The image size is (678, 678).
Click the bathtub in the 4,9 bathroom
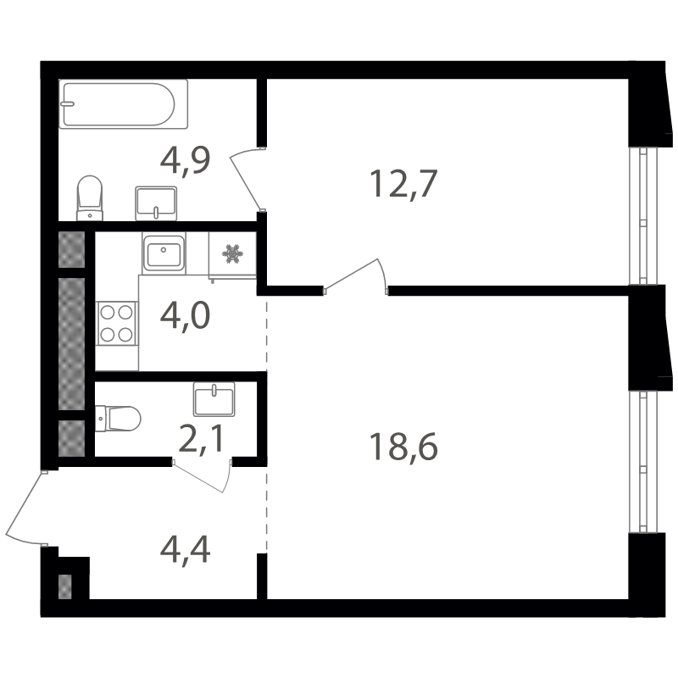point(123,103)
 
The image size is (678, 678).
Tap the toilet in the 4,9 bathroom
point(90,198)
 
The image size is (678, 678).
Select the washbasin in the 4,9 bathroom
point(156,203)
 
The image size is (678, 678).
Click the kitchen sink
point(164,253)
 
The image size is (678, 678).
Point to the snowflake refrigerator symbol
point(232,253)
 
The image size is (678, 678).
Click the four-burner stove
point(117,324)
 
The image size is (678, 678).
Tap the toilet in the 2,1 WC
point(118,419)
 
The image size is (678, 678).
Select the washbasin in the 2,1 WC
point(214,399)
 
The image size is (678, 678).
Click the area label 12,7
point(404,183)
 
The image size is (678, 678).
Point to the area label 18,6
point(403,447)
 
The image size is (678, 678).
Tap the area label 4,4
point(185,549)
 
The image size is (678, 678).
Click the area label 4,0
point(185,315)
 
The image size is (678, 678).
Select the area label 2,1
point(201,438)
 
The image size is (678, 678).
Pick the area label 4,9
point(185,160)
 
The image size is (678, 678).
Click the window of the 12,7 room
point(643,216)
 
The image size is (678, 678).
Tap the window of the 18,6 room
point(643,462)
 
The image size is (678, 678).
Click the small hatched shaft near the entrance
point(65,586)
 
